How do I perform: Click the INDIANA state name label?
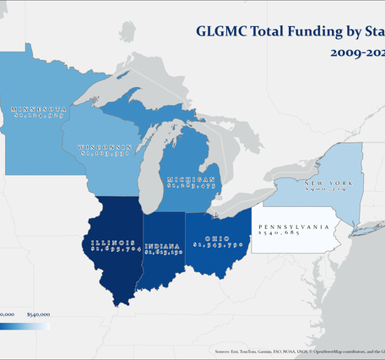click(164, 244)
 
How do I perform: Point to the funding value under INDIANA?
click(164, 252)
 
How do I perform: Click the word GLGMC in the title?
click(222, 32)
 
